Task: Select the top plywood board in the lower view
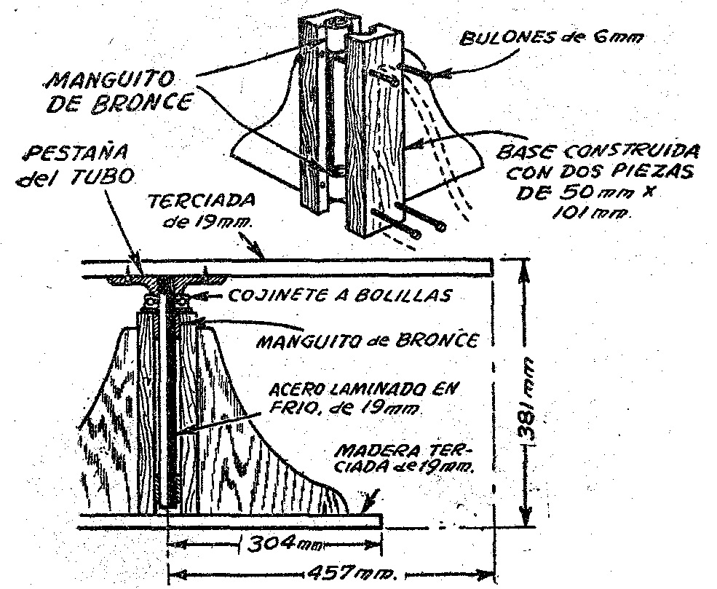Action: pyautogui.click(x=291, y=266)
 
